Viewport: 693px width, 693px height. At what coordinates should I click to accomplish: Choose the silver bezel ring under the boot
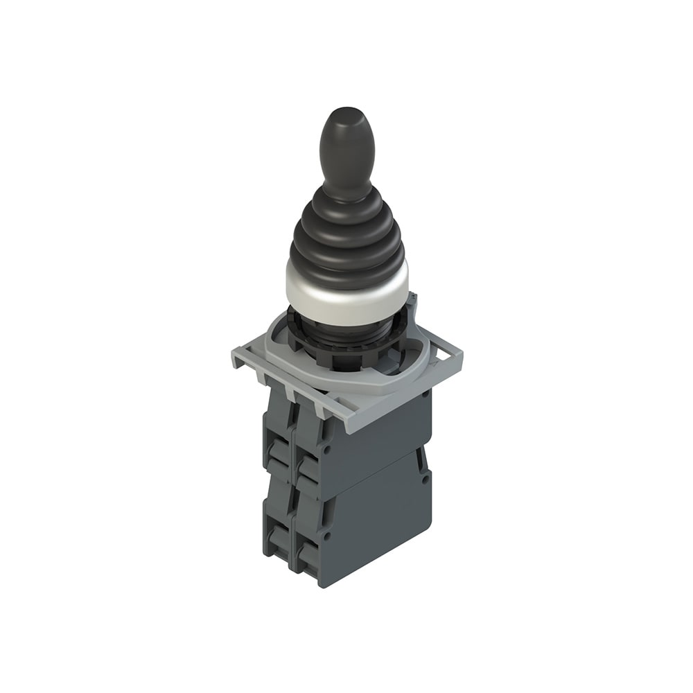[x=346, y=295]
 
